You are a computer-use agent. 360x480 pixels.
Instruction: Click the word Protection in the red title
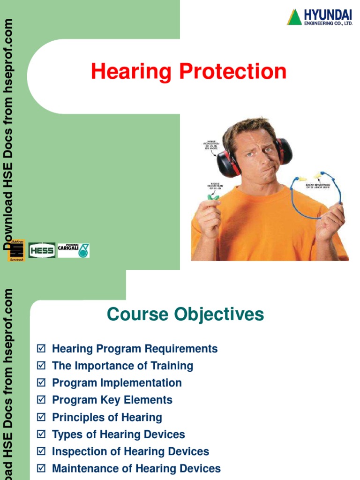(232, 72)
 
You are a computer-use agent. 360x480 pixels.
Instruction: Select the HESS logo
(42, 250)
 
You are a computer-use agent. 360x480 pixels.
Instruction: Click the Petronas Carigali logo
(74, 250)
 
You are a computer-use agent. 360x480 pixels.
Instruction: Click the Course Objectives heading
(185, 314)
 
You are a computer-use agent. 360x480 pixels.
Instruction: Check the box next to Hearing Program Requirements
(41, 349)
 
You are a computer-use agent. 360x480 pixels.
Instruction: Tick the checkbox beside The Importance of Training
(41, 366)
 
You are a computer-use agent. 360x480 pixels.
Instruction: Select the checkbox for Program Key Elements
(41, 400)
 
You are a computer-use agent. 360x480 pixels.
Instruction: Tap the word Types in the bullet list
(66, 435)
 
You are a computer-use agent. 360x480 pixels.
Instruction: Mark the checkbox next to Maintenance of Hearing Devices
(41, 469)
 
